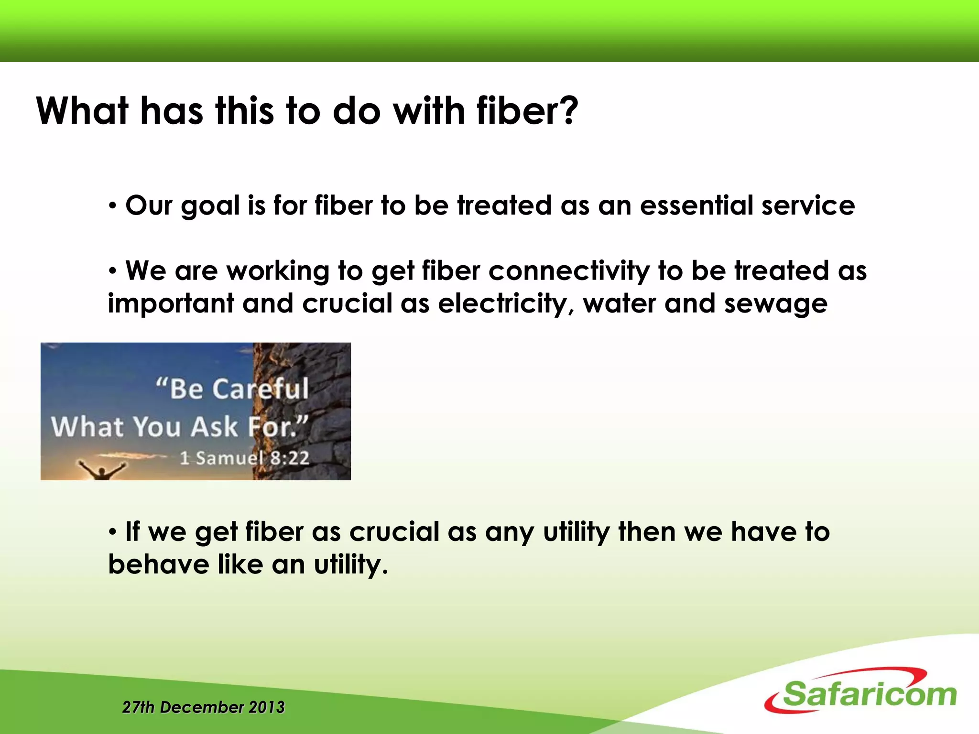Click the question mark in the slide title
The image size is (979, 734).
click(568, 111)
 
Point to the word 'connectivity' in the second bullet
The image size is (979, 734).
click(569, 271)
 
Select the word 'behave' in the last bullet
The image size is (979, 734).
click(159, 565)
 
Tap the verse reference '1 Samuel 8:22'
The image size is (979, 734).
click(244, 458)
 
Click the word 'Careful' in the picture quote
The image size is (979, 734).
click(261, 389)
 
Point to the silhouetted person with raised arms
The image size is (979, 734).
click(102, 471)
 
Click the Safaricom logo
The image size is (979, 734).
click(860, 692)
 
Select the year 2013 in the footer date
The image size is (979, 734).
click(267, 707)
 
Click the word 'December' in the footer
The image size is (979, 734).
click(201, 707)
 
